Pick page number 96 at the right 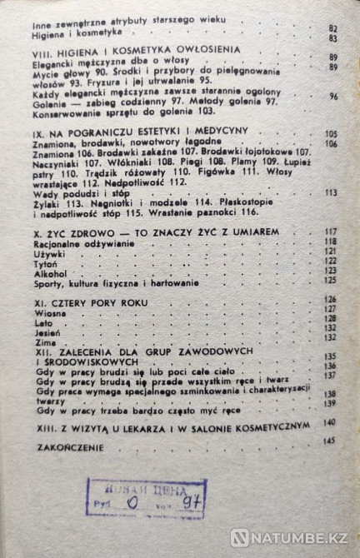tap(331, 97)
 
